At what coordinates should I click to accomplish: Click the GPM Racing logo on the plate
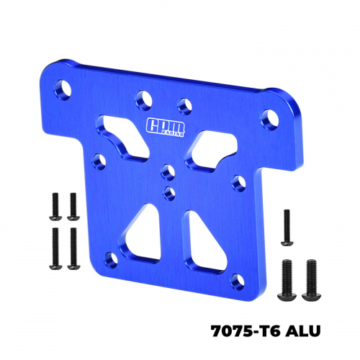166,127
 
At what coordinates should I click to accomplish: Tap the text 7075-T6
246,331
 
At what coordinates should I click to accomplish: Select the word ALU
303,331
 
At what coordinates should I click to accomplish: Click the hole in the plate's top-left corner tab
63,89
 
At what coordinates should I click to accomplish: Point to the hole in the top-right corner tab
270,120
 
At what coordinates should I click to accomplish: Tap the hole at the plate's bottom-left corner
112,260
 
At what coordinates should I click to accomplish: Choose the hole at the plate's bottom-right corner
238,282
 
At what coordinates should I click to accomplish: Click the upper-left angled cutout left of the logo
123,137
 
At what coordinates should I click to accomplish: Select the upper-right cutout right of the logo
210,151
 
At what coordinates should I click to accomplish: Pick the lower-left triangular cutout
142,236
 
